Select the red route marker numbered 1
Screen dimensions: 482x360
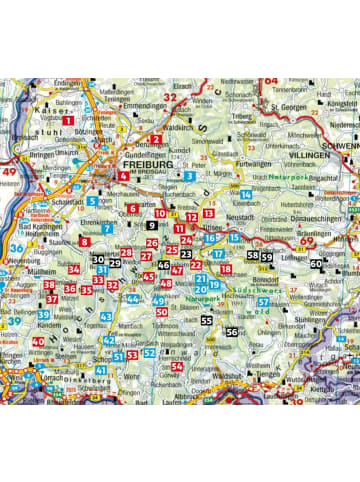(x=68, y=120)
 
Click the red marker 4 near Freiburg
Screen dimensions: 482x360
(x=122, y=175)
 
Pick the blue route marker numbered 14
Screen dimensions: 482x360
(x=245, y=193)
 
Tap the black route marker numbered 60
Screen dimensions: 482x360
(x=316, y=264)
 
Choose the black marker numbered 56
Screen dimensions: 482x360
(x=232, y=331)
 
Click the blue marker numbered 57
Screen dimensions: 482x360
(x=262, y=301)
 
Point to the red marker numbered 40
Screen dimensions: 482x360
(x=39, y=341)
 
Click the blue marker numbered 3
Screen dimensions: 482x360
(x=189, y=176)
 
